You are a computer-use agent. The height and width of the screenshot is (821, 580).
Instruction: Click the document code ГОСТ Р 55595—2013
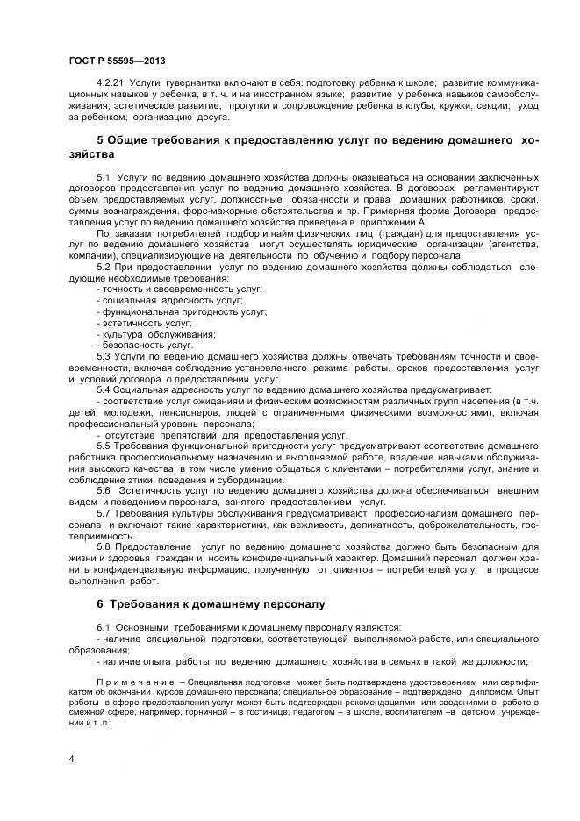click(x=117, y=60)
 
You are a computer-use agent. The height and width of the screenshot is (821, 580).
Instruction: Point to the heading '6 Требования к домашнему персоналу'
click(x=211, y=603)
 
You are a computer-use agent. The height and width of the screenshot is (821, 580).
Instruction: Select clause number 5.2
click(x=104, y=267)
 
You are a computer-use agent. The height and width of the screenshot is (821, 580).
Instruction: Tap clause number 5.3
click(x=104, y=356)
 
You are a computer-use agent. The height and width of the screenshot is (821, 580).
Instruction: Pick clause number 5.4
click(x=104, y=389)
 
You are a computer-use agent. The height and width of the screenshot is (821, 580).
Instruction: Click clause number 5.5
click(x=104, y=446)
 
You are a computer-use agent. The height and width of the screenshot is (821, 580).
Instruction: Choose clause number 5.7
click(x=104, y=512)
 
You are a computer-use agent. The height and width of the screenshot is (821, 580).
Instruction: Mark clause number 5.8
click(x=104, y=546)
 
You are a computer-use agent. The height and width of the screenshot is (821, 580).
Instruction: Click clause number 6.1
click(x=104, y=628)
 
